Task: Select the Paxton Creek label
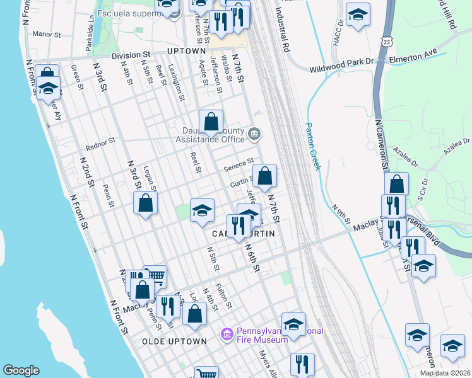(x=313, y=146)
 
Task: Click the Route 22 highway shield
(x=387, y=40)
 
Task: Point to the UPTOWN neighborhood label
(x=187, y=51)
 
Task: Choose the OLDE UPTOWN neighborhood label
(x=174, y=341)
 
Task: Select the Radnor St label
(x=100, y=144)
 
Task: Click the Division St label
(x=131, y=55)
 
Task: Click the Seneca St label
(x=239, y=165)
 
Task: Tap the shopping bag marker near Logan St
(x=146, y=203)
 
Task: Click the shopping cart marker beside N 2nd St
(x=155, y=275)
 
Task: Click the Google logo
(x=20, y=370)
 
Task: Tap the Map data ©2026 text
(x=445, y=373)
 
